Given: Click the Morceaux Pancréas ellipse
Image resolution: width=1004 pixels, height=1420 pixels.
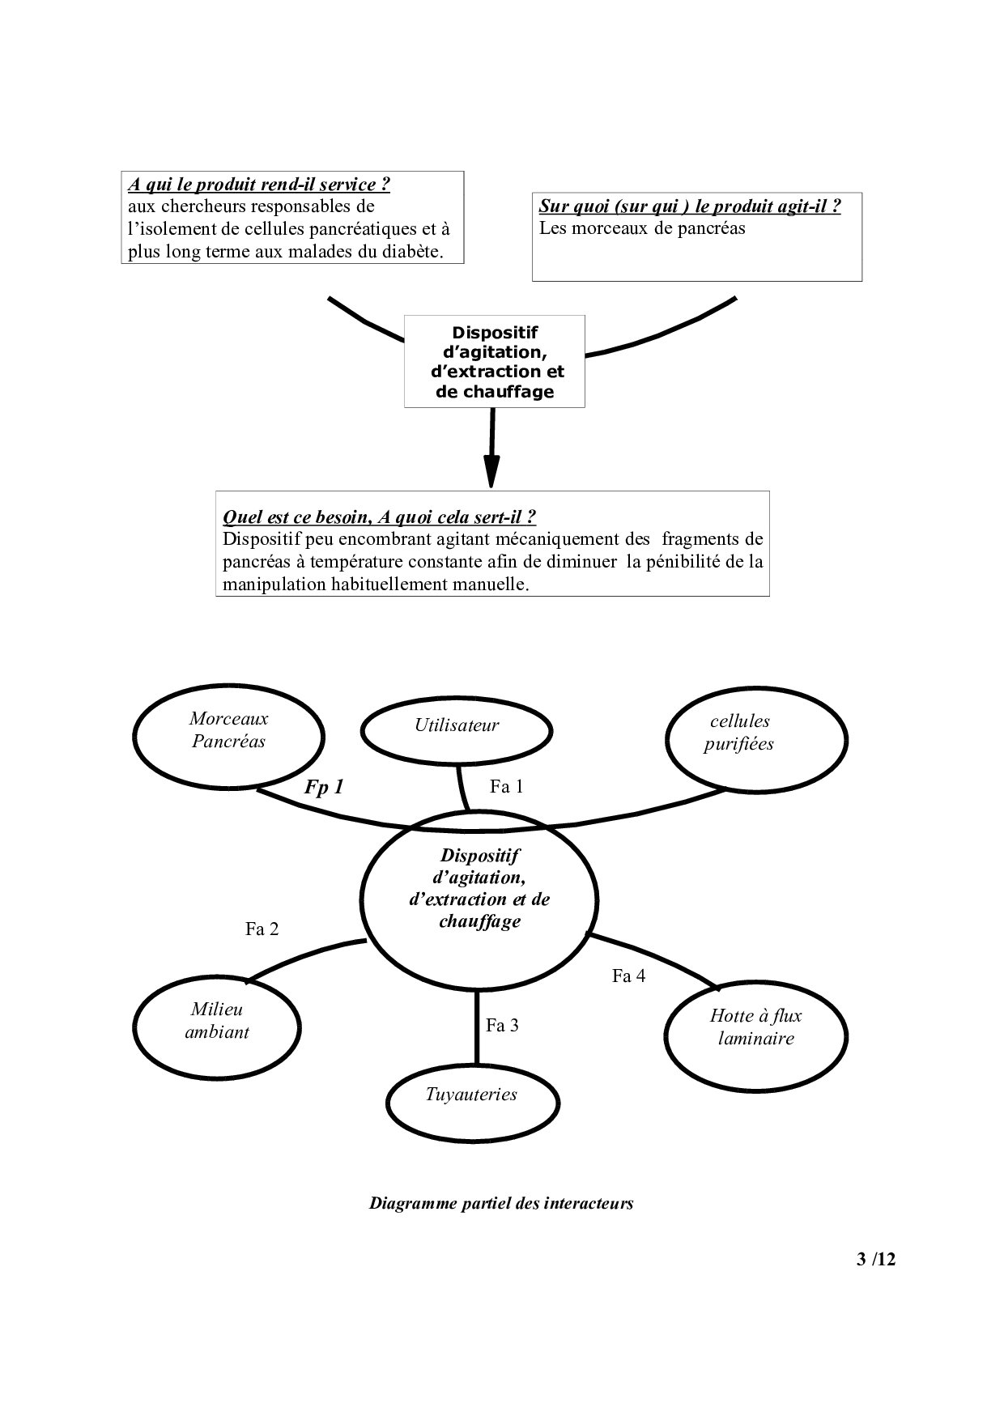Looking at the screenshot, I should click(x=228, y=737).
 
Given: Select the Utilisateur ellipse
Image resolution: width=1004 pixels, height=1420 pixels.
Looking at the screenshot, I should click(x=457, y=729).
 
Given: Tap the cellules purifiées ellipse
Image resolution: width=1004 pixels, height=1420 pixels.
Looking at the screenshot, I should click(x=756, y=738).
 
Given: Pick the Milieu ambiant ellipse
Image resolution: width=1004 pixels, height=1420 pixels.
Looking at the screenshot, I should click(x=217, y=1025).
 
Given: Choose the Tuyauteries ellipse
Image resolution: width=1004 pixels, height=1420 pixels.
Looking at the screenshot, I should click(x=473, y=1101).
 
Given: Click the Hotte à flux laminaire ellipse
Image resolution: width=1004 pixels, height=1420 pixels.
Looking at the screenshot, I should click(x=756, y=1033).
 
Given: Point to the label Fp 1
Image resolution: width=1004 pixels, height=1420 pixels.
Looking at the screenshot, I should click(x=324, y=787).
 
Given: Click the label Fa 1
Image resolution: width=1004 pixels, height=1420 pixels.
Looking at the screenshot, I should click(x=507, y=786).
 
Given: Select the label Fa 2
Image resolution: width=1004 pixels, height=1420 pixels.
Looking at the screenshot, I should click(x=262, y=929).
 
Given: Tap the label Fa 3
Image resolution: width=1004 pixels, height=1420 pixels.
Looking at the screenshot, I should click(x=502, y=1026).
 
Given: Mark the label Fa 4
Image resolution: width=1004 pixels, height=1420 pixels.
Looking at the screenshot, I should click(x=628, y=976).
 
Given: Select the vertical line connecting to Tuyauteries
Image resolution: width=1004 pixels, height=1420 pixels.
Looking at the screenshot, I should click(x=476, y=1028).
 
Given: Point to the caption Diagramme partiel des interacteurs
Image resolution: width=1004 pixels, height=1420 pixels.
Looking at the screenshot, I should click(x=501, y=1203).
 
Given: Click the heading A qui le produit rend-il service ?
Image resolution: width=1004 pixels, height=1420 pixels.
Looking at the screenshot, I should click(x=259, y=185).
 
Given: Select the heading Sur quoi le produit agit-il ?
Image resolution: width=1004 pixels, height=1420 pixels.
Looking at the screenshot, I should click(x=690, y=206).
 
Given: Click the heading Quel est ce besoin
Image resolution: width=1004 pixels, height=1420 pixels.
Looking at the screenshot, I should click(x=379, y=517).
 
